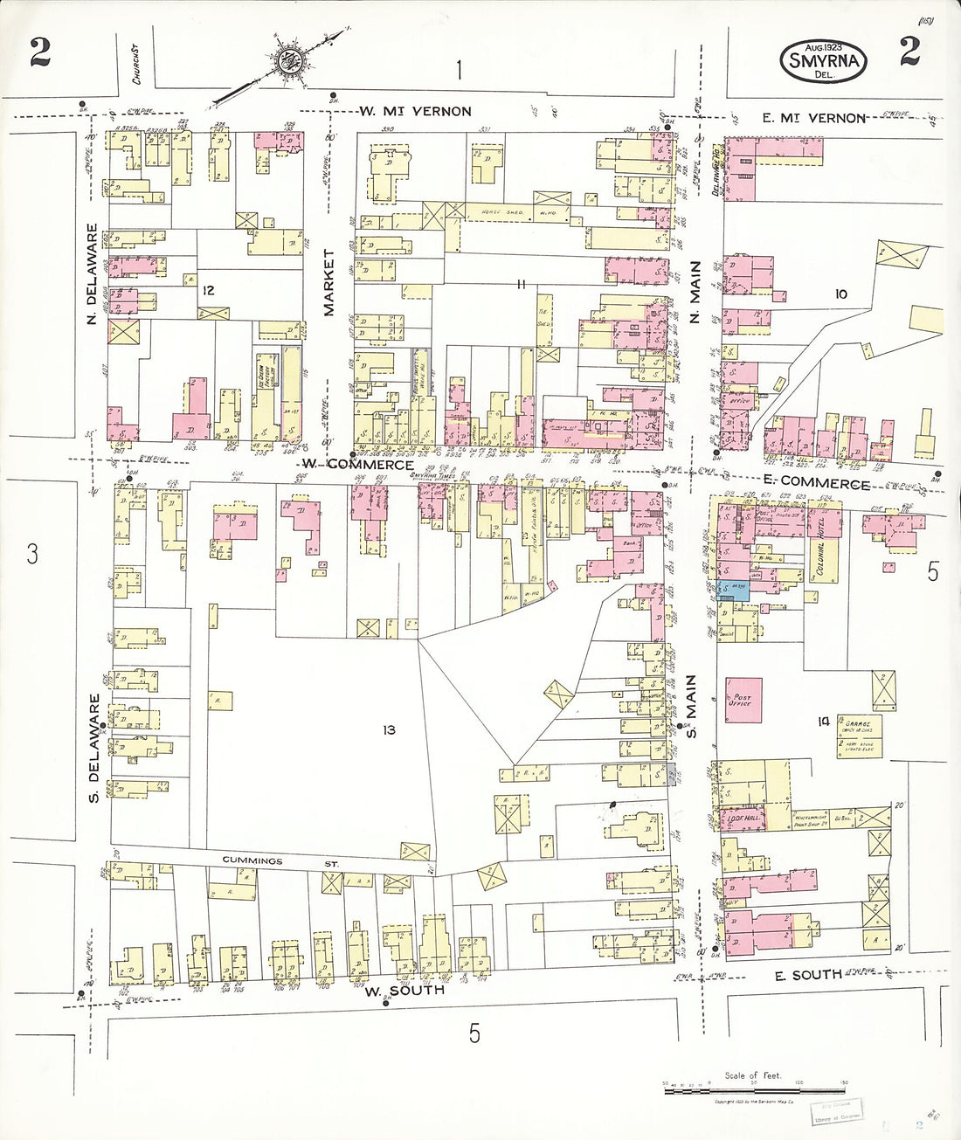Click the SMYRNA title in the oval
click(825, 61)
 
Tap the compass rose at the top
click(288, 61)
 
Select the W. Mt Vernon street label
click(415, 111)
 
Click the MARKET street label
click(329, 281)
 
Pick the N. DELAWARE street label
click(93, 274)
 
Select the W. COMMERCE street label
click(357, 465)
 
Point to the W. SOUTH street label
click(404, 991)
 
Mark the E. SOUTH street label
click(808, 974)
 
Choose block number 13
click(388, 729)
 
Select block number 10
click(840, 294)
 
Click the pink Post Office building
click(743, 699)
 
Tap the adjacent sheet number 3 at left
click(32, 554)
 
